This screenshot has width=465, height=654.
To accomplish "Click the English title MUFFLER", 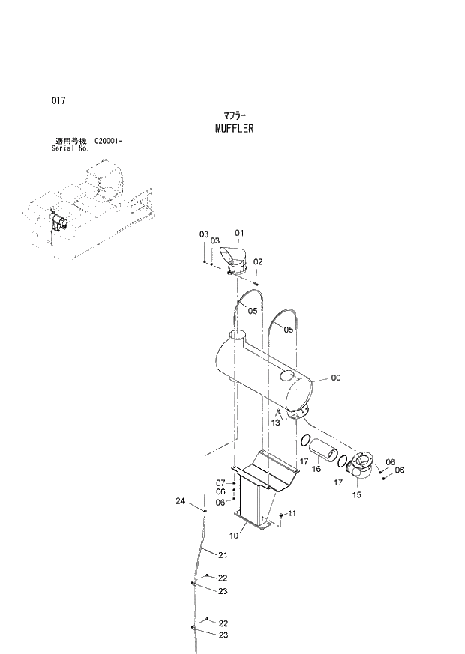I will (233, 129).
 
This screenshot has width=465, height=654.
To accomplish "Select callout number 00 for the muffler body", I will (335, 378).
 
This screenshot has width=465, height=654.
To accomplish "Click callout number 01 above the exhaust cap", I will (240, 233).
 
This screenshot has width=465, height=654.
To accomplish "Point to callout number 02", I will (258, 262).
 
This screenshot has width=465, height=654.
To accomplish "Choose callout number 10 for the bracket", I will (234, 536).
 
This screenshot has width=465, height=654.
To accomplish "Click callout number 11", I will (292, 513).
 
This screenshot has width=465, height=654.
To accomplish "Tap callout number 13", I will (275, 423).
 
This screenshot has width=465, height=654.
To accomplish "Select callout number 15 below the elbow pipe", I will (356, 495).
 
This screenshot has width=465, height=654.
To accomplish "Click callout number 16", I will (316, 469).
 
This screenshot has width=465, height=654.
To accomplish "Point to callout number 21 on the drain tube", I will (222, 555).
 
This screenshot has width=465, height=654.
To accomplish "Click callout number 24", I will (180, 500).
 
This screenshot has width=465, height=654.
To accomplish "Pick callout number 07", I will (220, 482).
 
